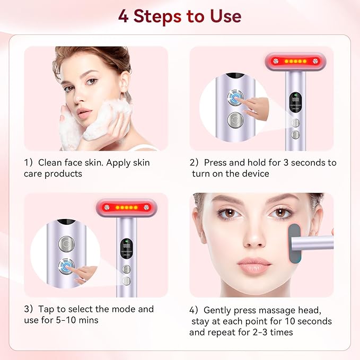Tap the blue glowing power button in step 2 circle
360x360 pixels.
click(x=234, y=98)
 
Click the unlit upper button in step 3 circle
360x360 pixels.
click(x=66, y=244)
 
